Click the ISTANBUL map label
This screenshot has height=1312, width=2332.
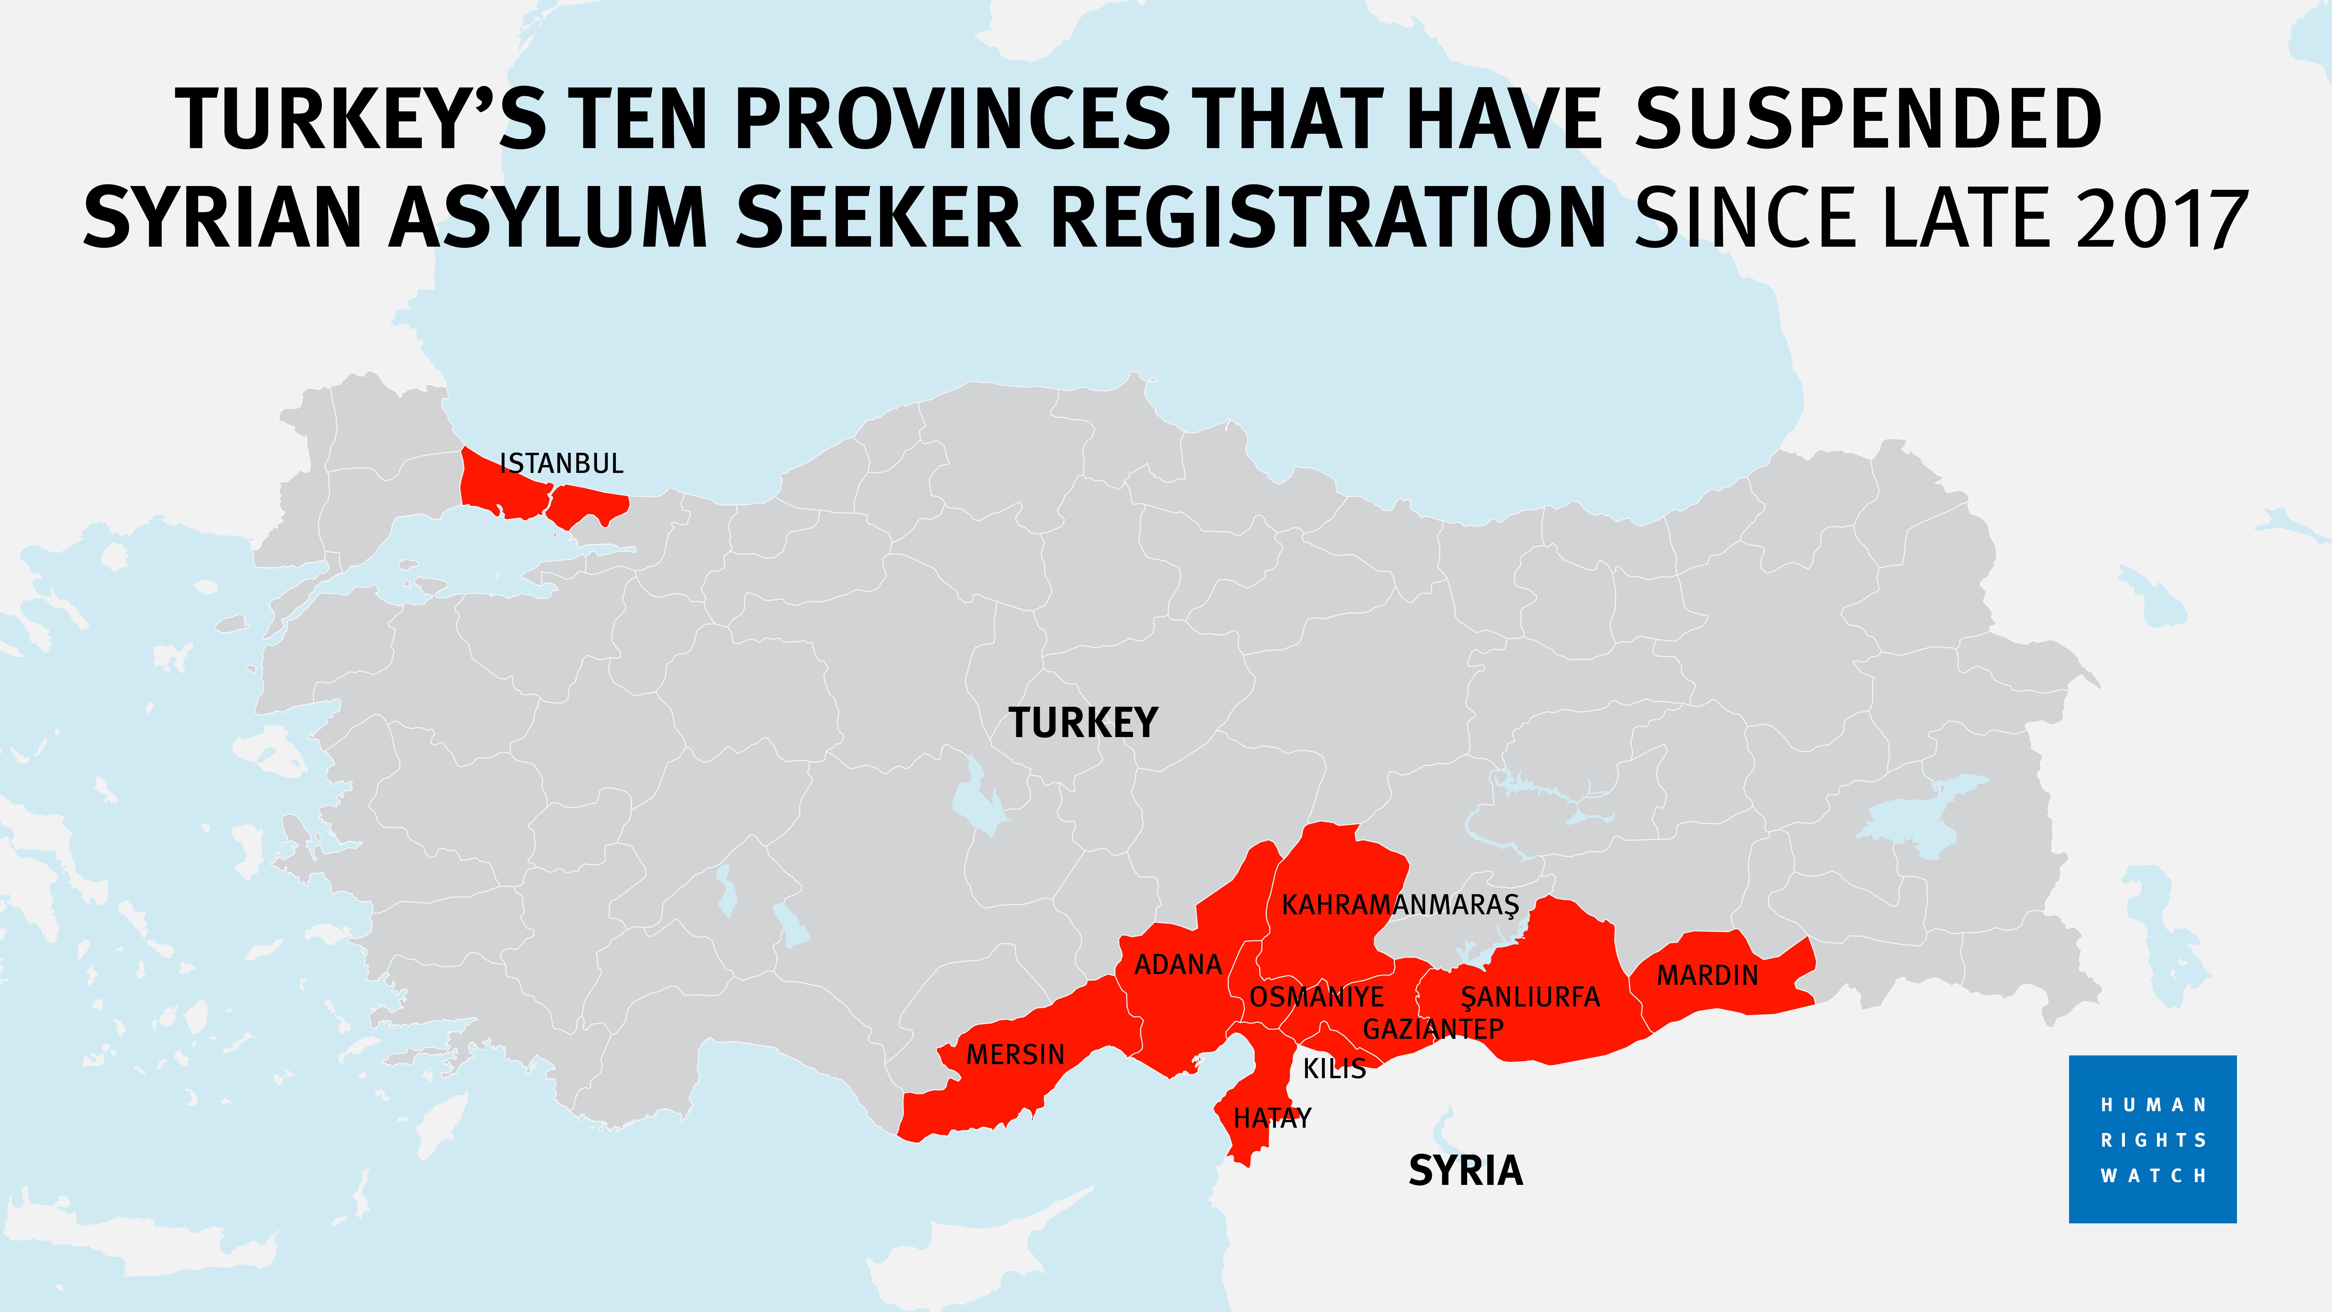coord(561,464)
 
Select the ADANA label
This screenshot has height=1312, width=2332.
coord(1178,964)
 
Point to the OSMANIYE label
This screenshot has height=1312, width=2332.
coord(1316,997)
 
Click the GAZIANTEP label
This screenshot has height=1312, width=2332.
coord(1433,1029)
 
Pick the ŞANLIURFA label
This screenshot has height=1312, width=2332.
coord(1530,997)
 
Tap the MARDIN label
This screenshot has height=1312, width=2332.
coord(1707,975)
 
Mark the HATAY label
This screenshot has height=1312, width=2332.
coord(1272,1118)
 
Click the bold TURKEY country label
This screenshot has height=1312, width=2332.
coord(1083,722)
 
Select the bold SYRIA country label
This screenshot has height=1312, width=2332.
coord(1466,1171)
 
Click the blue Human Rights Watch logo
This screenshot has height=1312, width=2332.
coord(2152,1139)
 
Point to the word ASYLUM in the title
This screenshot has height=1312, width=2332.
coord(549,217)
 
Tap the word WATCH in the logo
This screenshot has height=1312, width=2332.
coord(2154,1175)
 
